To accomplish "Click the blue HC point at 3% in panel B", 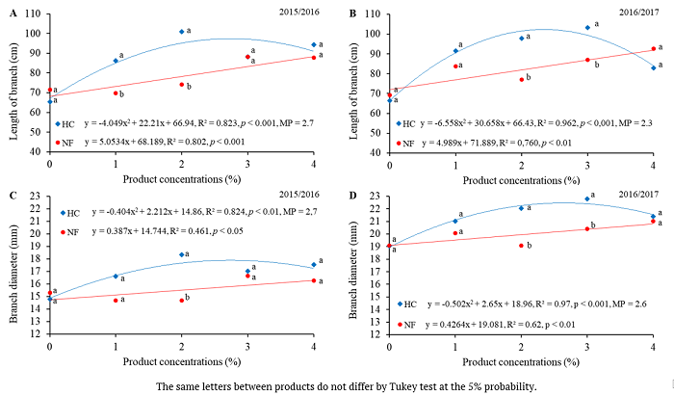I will (x=588, y=28).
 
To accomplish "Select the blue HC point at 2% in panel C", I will (x=182, y=254).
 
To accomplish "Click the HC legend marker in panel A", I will (x=59, y=124).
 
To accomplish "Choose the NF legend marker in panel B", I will (x=400, y=143).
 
